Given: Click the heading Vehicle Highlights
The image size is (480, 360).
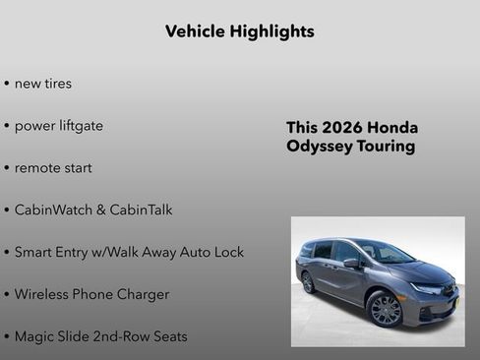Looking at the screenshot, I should [240, 31].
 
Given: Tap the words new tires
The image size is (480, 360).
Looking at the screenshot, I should [43, 84].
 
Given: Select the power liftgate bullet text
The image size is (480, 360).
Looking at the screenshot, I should [59, 126].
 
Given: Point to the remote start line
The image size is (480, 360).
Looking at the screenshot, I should [53, 168].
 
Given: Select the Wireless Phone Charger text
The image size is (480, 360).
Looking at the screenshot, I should [91, 294].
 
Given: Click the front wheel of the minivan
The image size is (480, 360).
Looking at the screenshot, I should [386, 310].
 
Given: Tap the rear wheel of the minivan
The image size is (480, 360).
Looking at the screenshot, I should [308, 283].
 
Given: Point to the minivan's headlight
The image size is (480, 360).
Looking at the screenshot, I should [426, 289].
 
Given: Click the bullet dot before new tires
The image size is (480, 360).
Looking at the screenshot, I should [7, 85].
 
